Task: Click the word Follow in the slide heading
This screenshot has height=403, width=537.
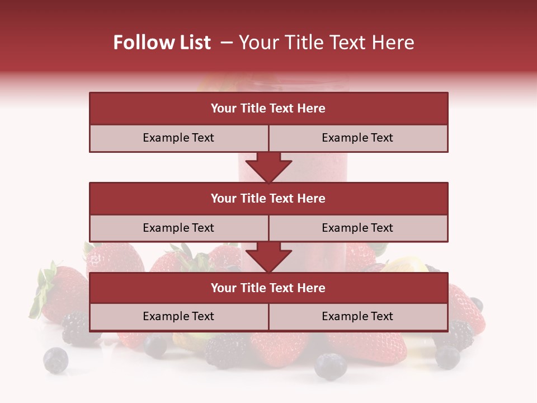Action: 138,43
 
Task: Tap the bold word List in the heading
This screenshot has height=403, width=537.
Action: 192,43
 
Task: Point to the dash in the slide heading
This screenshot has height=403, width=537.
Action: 227,43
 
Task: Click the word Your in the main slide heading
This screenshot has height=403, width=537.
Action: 255,43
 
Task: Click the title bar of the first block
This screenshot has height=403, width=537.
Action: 268,109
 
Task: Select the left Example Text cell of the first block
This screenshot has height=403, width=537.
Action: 178,138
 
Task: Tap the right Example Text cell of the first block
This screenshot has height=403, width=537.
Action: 358,138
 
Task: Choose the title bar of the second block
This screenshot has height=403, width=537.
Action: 268,199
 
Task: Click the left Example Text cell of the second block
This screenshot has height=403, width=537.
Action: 178,228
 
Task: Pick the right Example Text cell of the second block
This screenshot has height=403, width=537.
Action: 358,228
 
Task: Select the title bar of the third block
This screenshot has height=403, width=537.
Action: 268,288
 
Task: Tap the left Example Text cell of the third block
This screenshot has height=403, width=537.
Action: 178,317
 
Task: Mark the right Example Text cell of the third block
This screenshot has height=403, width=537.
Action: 358,317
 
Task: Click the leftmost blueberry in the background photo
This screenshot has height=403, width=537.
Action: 56,360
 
